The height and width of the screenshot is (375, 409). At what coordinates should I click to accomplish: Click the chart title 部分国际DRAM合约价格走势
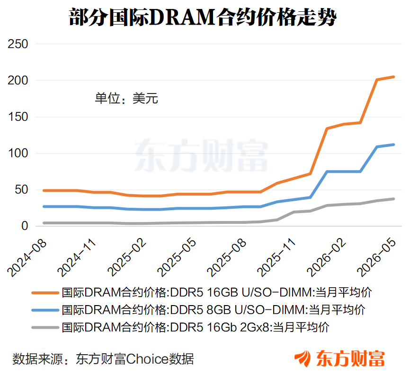click(203, 17)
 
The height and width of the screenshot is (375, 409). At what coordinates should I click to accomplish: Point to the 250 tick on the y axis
click(18, 44)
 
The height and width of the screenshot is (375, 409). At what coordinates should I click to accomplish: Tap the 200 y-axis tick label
click(18, 80)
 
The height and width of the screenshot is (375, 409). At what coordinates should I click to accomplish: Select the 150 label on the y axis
click(18, 117)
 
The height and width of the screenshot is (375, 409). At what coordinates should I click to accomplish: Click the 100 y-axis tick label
click(18, 153)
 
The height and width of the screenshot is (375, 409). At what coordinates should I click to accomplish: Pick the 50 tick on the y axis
click(21, 190)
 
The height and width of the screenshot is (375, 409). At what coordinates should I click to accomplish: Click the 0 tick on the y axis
click(25, 226)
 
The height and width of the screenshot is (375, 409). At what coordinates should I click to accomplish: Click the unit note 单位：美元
click(126, 98)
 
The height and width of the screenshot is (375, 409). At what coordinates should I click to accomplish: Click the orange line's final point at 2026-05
click(393, 77)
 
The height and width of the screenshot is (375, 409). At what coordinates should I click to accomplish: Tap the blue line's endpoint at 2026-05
click(393, 145)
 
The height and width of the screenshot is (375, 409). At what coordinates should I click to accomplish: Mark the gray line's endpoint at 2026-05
click(393, 199)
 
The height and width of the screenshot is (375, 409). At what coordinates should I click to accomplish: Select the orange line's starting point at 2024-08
click(44, 190)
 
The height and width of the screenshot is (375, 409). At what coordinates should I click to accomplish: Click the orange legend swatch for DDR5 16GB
click(45, 293)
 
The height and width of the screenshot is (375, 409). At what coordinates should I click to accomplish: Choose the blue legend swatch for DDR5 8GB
click(45, 310)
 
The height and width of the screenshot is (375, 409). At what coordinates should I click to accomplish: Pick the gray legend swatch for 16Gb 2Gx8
click(45, 327)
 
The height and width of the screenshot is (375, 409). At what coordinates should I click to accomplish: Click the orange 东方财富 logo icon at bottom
click(303, 358)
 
